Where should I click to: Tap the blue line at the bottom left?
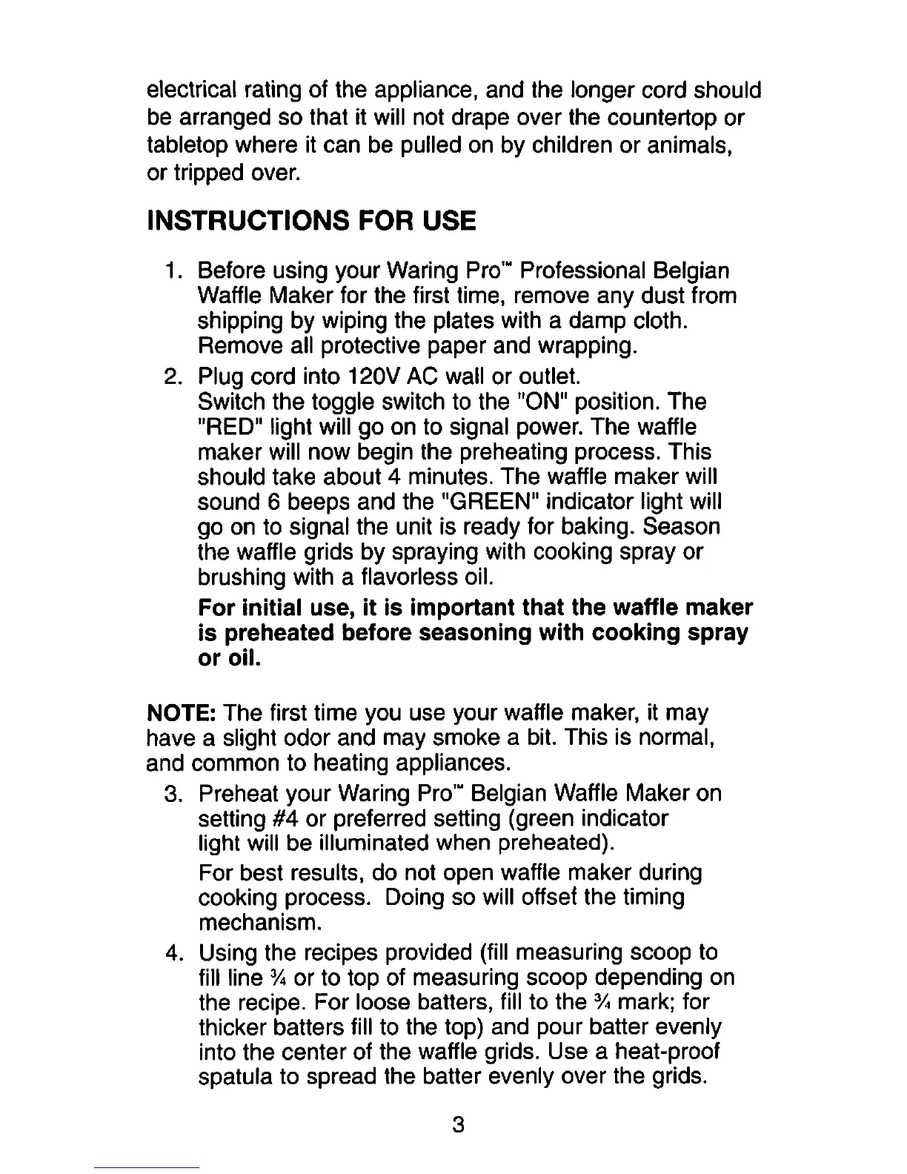pos(147,1167)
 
